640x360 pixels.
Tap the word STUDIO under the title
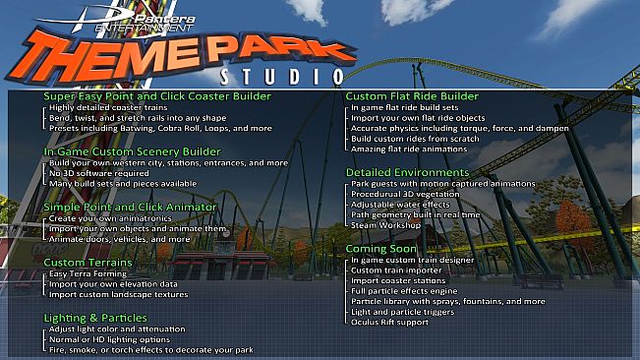[281, 76]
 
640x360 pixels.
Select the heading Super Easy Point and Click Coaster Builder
[157, 96]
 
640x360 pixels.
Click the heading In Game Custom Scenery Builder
[132, 151]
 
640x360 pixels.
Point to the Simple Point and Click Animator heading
[129, 208]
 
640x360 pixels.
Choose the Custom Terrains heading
[87, 263]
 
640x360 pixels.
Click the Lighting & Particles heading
[95, 318]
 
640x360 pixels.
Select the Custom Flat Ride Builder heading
[412, 96]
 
